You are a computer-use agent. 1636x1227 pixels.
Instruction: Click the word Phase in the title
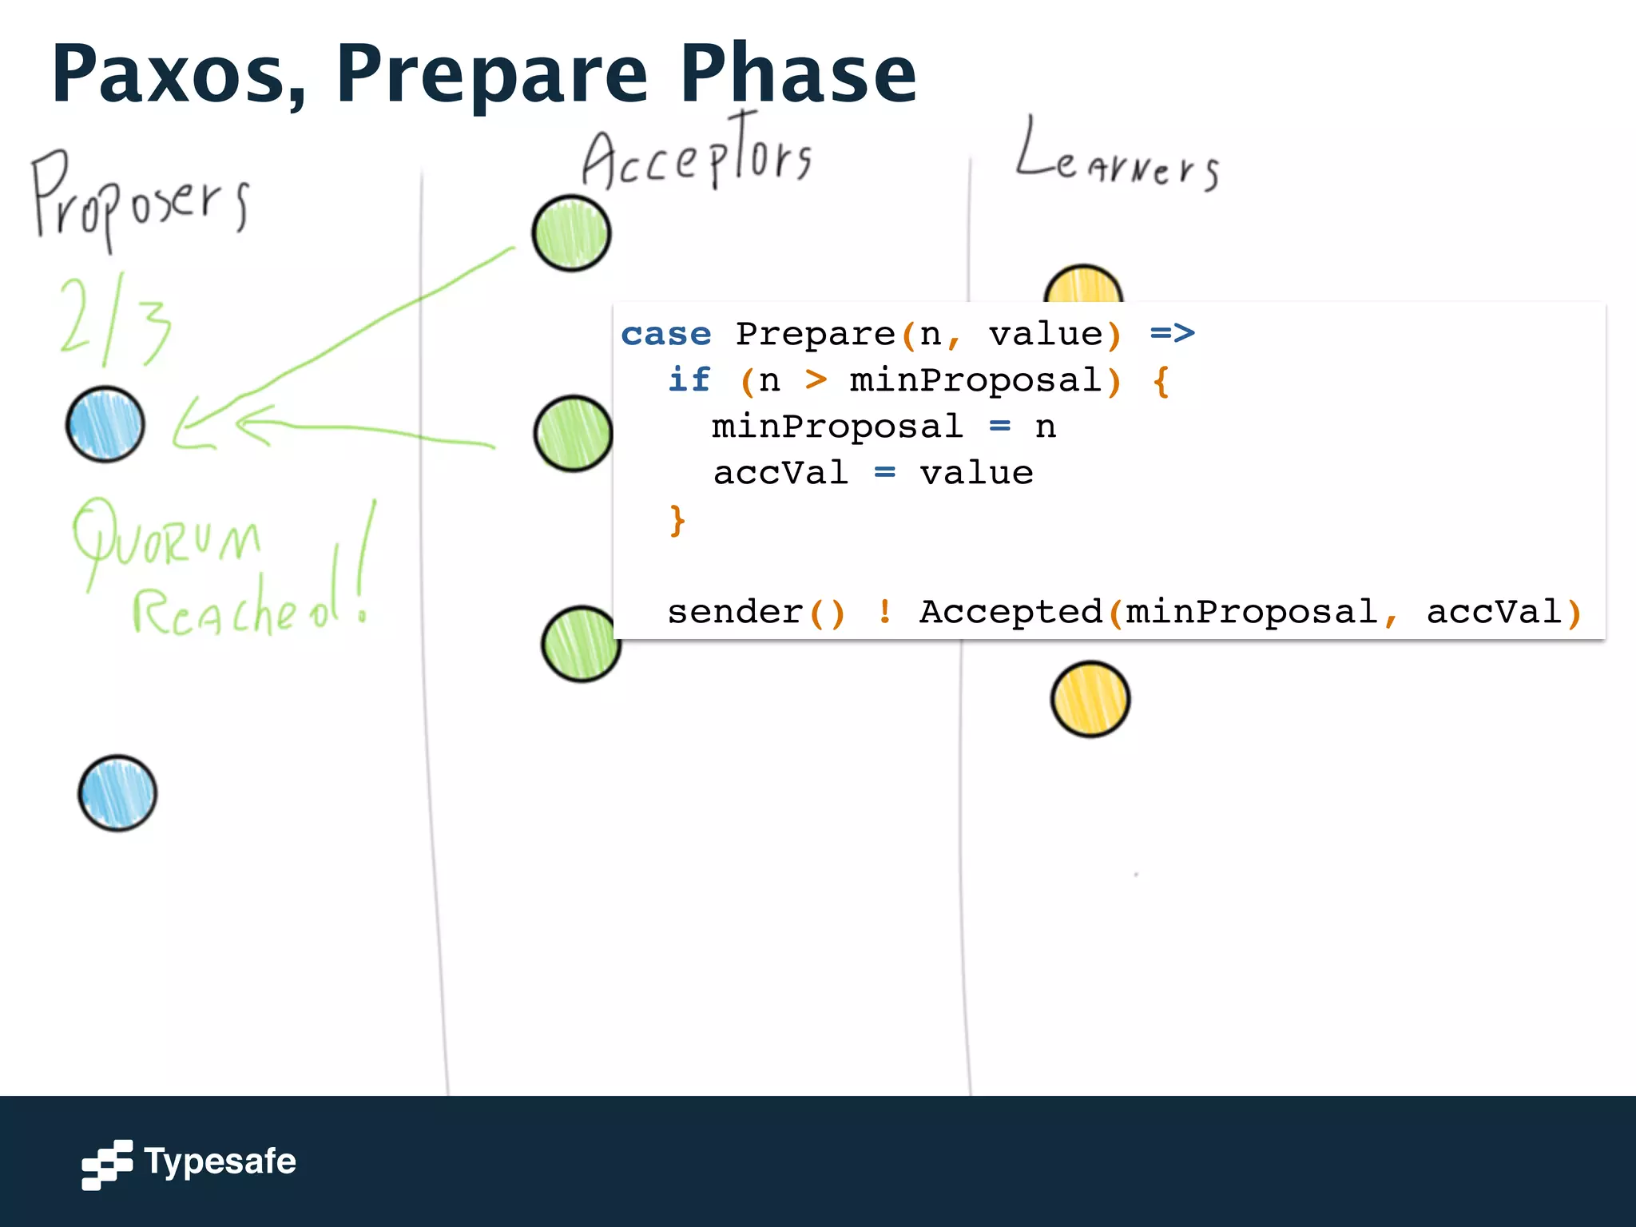[797, 74]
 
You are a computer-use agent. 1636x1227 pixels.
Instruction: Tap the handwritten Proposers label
[140, 198]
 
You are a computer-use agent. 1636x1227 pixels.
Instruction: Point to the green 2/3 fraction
[116, 320]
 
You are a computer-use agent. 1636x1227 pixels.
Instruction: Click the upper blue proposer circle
[105, 425]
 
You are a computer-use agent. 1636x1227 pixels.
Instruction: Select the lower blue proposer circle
[117, 793]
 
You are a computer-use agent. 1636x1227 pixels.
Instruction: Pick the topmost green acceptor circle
[571, 233]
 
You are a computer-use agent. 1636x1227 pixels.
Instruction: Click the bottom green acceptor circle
[580, 644]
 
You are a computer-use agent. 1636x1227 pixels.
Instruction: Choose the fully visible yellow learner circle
[1090, 699]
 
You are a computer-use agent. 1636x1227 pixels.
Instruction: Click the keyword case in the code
[665, 334]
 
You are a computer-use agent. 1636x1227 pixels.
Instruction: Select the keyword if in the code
[689, 379]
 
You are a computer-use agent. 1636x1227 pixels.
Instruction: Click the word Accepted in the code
[1011, 612]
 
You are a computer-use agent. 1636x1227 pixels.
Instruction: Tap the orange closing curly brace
[677, 520]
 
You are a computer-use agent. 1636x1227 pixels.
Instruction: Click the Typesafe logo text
[220, 1161]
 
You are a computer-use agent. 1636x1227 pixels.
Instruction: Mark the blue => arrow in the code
[1172, 333]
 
